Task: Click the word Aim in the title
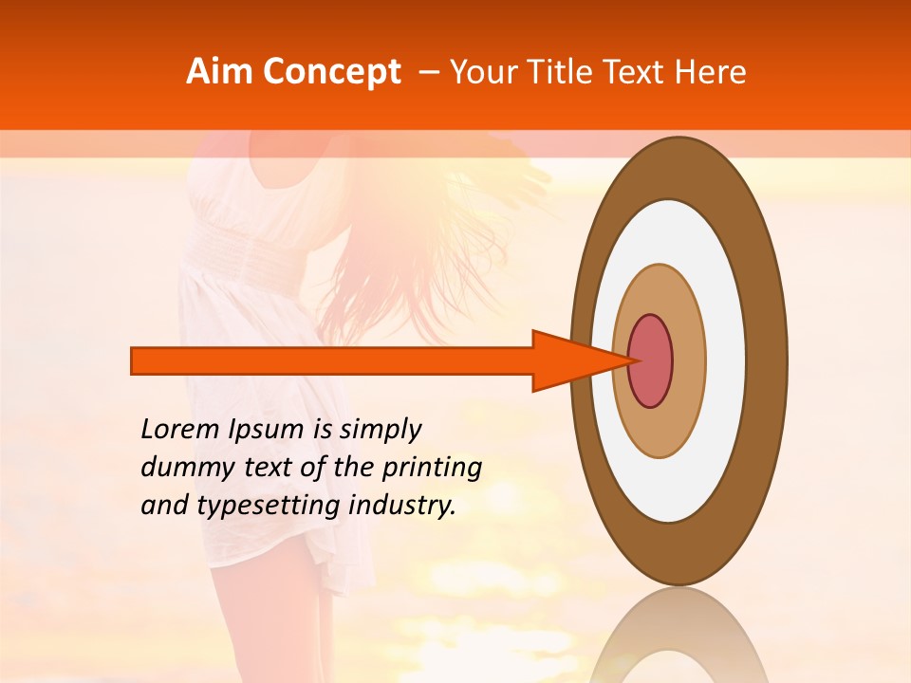(219, 72)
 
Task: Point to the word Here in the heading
(711, 72)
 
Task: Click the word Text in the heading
(637, 72)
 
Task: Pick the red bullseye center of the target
(651, 360)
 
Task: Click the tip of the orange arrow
(630, 360)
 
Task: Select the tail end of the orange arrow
(134, 360)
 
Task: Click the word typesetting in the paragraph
(268, 507)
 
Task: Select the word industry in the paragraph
(402, 507)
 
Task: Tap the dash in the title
(428, 72)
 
